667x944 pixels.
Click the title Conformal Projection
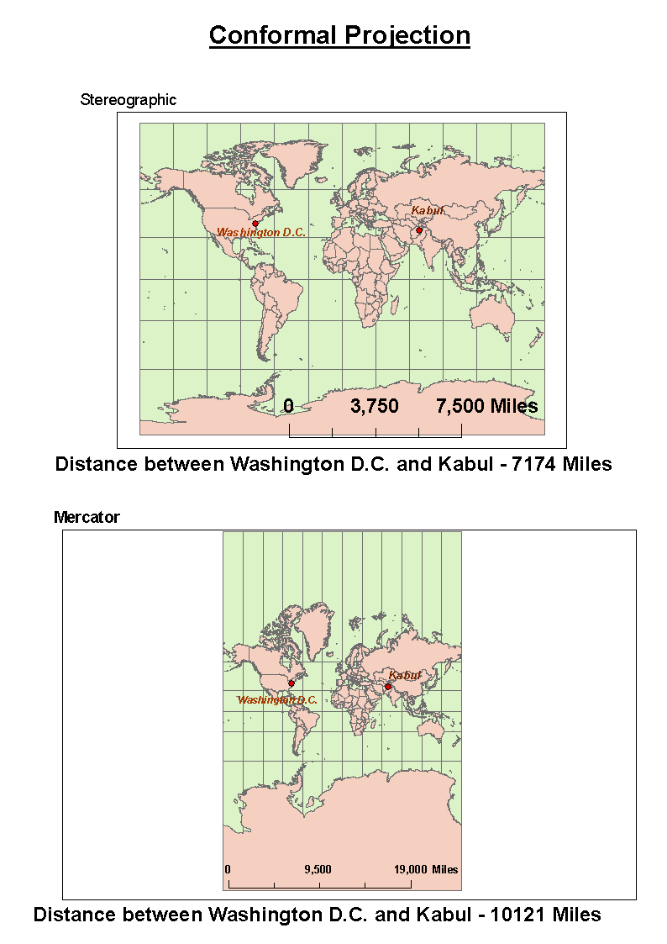[x=339, y=35]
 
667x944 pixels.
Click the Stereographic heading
[x=129, y=99]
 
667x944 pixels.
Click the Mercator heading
[x=87, y=517]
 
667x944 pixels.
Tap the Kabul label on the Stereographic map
[x=427, y=210]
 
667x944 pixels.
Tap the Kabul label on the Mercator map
[x=404, y=675]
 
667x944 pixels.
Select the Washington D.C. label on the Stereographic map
[x=260, y=232]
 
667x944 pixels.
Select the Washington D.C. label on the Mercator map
[x=277, y=699]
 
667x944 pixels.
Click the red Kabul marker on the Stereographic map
[x=418, y=229]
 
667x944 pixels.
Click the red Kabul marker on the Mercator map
[x=388, y=687]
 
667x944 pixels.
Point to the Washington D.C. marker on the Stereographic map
[x=255, y=223]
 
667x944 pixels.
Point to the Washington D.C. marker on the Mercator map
[x=291, y=683]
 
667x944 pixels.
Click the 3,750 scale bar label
[x=375, y=406]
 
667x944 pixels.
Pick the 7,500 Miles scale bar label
[x=486, y=406]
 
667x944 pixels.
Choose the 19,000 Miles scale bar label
[x=426, y=869]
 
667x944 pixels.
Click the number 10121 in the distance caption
[x=518, y=914]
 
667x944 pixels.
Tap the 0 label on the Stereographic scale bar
[x=288, y=406]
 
